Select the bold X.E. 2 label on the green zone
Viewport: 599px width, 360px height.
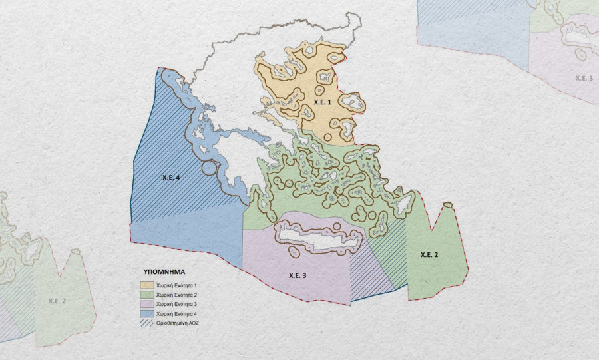tap(429, 255)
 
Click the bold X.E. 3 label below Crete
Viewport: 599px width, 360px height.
tap(298, 275)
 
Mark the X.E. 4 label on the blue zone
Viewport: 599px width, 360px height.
tap(172, 178)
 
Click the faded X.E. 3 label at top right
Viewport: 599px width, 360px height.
tap(584, 78)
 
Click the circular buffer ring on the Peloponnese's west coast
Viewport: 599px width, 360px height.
tap(210, 166)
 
